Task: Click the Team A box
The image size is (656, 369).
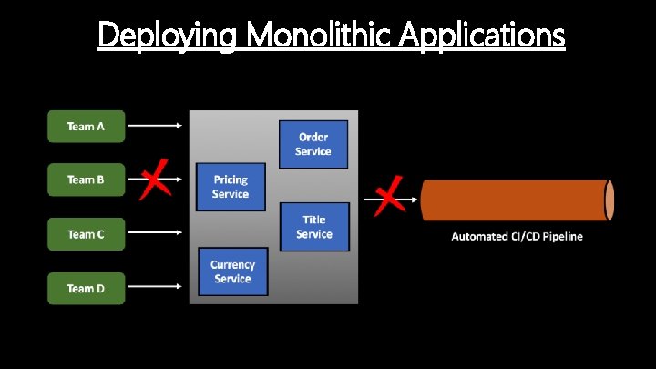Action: pos(86,126)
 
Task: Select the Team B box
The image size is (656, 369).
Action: pos(86,179)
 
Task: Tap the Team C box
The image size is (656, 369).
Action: pos(86,234)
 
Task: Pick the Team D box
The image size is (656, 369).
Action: pos(86,288)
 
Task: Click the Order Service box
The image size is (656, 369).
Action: pos(313,144)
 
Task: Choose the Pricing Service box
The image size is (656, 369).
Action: pos(231,188)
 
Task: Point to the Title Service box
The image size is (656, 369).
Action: pos(313,227)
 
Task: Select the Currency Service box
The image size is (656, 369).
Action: pos(232,272)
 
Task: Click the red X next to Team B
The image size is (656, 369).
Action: pos(156,177)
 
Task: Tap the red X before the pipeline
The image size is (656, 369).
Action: pos(389,195)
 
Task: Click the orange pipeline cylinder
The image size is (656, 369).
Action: pos(515,200)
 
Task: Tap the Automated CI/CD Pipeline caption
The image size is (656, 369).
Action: pos(517,237)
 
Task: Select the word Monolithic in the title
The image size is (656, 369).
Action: pos(313,36)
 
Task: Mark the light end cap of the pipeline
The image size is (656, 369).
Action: pos(610,200)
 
